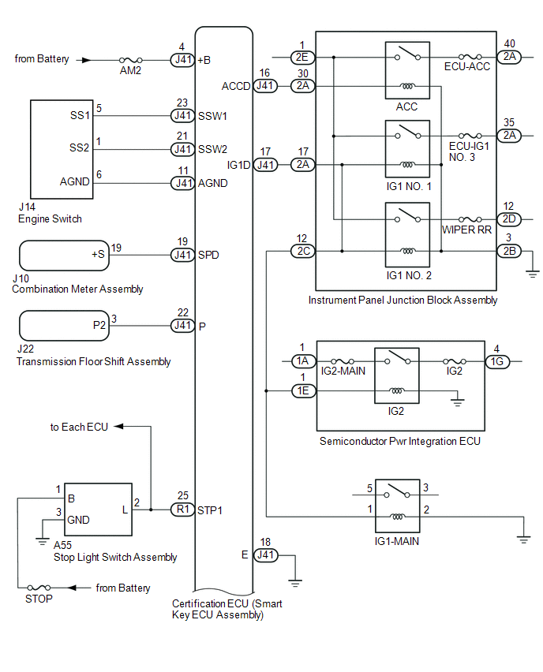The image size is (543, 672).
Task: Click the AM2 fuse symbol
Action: (x=129, y=60)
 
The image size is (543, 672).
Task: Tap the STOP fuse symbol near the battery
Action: (x=39, y=588)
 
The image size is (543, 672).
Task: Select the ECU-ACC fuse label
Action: (x=467, y=67)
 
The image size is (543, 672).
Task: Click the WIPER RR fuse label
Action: (x=467, y=229)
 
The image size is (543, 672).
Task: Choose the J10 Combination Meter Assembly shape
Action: (x=63, y=256)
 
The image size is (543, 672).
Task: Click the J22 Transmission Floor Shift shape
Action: (x=63, y=325)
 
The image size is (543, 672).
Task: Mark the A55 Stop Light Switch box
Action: (x=98, y=510)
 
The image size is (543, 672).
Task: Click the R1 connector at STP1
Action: (x=182, y=510)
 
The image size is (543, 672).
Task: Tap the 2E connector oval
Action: (x=303, y=58)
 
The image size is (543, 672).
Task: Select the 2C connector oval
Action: (x=303, y=252)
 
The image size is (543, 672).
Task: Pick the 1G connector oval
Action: (x=496, y=360)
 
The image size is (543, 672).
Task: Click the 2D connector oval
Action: (x=507, y=218)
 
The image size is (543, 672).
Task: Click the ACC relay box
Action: (x=407, y=71)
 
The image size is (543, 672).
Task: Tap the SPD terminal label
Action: (x=208, y=256)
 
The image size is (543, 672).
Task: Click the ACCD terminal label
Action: (x=236, y=85)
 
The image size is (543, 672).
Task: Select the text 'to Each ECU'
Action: (x=79, y=427)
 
